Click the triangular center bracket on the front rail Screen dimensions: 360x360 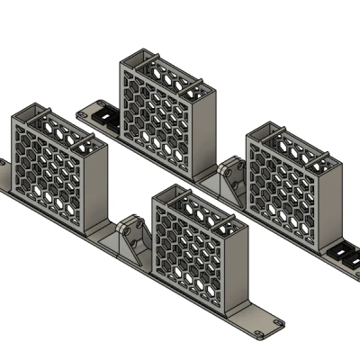pos(135,241)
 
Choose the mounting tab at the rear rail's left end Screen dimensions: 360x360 pos(87,114)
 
